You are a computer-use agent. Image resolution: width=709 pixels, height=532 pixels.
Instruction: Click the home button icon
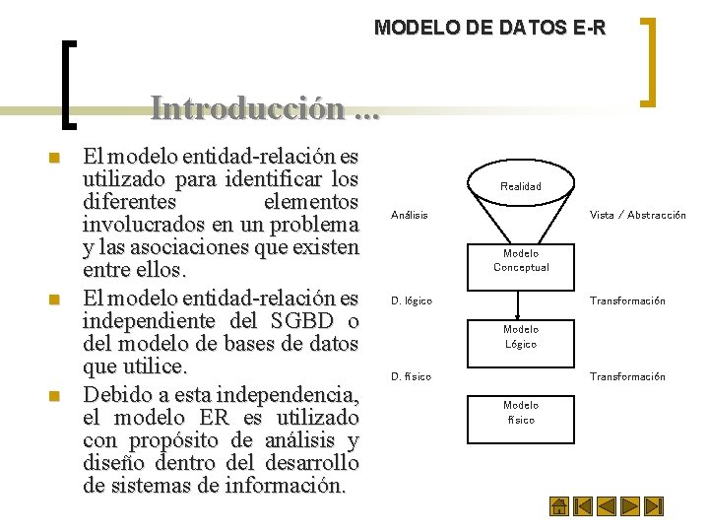click(x=558, y=507)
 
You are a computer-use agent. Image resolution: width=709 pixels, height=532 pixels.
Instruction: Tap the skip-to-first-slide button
click(x=583, y=507)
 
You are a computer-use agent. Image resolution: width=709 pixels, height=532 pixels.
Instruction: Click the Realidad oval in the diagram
click(x=520, y=185)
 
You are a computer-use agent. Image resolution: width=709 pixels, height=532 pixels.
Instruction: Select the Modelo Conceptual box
click(x=521, y=260)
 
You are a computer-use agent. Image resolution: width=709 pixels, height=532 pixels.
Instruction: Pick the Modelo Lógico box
click(x=521, y=336)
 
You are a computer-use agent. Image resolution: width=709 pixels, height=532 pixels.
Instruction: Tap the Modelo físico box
click(x=521, y=412)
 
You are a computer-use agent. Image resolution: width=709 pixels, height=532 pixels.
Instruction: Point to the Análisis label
click(x=410, y=215)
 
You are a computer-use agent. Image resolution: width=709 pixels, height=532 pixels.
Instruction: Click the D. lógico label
click(x=412, y=300)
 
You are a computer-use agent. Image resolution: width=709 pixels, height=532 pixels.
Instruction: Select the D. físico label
click(x=411, y=376)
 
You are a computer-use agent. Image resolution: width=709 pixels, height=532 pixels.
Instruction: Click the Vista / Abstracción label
click(x=637, y=215)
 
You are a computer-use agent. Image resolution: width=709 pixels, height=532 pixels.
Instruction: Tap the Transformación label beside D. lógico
click(x=627, y=300)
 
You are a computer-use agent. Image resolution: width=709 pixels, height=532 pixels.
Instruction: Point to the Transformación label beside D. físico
click(x=627, y=376)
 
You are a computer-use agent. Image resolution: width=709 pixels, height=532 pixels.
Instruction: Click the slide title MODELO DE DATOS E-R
click(x=489, y=28)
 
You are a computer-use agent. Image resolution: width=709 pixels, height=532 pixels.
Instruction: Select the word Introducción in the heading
click(x=248, y=107)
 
